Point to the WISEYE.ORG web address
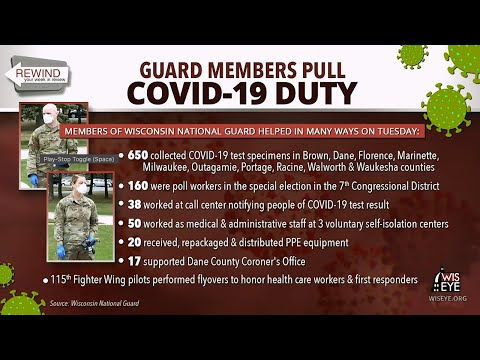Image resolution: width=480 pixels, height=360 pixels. coord(446,296)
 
